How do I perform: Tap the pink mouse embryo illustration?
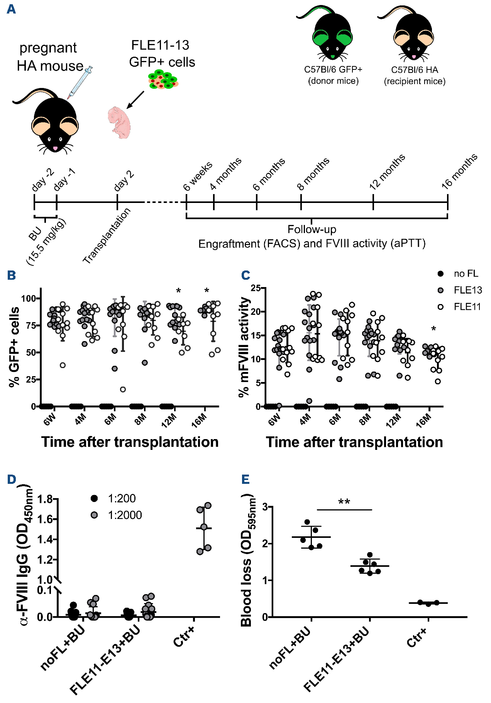(119, 123)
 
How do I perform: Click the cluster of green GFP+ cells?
(163, 79)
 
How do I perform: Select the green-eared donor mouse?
(331, 37)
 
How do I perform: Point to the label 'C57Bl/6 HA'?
(415, 70)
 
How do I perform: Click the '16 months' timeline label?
(459, 171)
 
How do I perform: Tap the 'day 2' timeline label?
(124, 181)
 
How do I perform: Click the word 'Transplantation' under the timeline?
(107, 236)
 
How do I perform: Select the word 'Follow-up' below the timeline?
(312, 229)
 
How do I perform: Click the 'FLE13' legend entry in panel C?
(467, 290)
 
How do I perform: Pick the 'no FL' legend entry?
(466, 274)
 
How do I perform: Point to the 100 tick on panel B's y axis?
(29, 298)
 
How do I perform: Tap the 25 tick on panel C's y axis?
(256, 288)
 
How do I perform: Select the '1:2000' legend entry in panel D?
(124, 515)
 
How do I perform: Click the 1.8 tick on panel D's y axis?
(45, 499)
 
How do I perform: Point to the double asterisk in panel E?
(344, 502)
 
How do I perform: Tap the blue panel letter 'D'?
(12, 479)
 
